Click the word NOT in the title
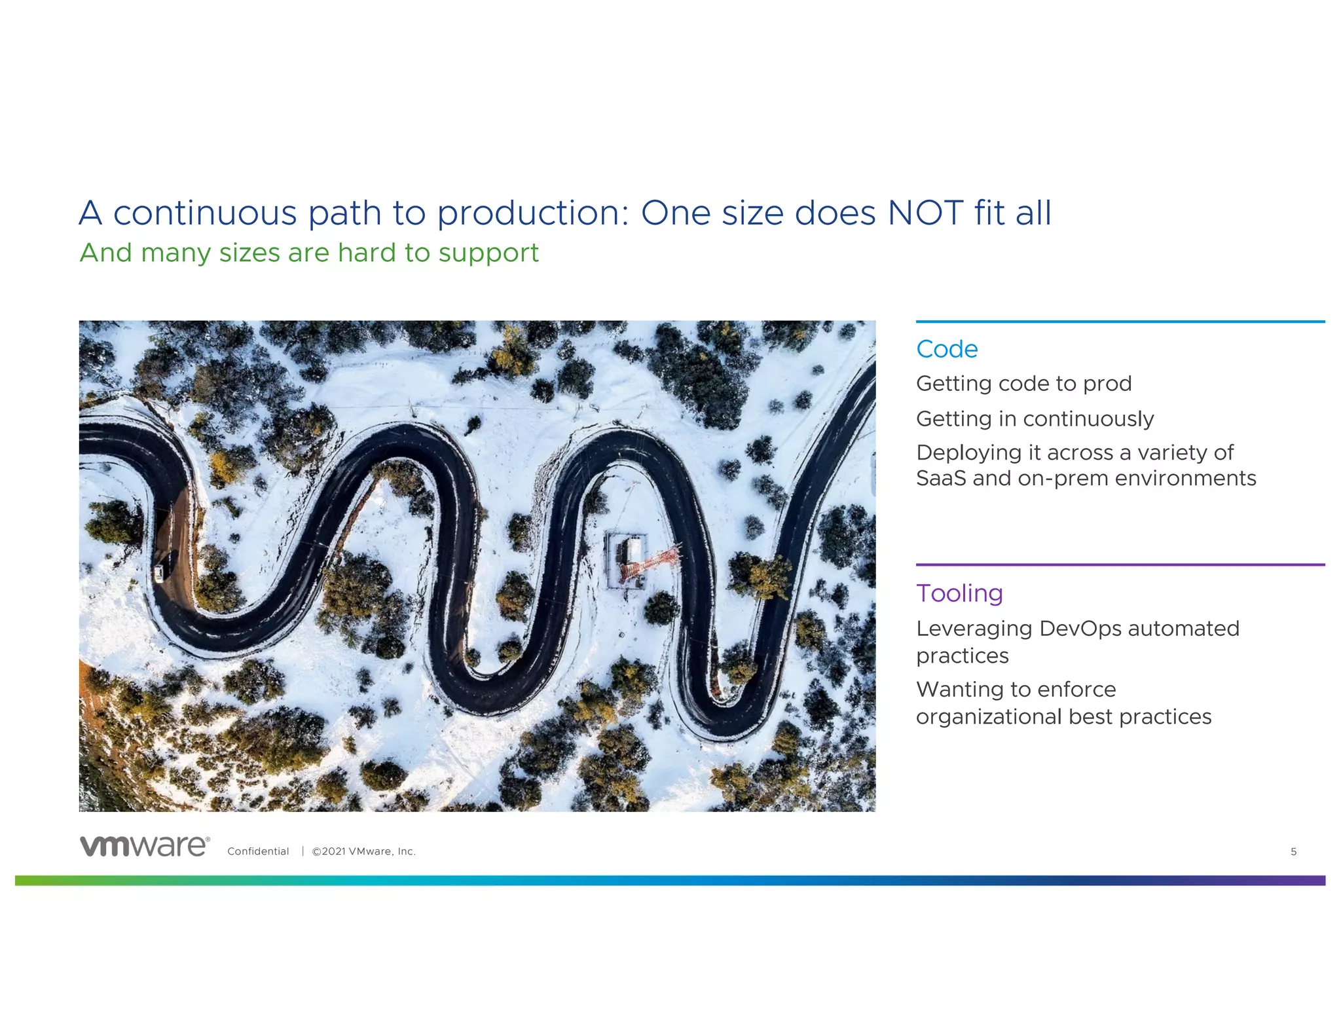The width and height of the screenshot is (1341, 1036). click(925, 213)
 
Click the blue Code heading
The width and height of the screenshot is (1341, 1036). click(946, 349)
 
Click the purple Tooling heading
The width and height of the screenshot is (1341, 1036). click(959, 593)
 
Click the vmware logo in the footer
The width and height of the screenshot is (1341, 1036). click(145, 846)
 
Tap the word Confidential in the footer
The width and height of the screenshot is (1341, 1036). click(258, 851)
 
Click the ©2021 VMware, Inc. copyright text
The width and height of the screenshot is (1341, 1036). click(363, 851)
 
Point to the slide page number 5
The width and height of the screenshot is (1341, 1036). click(1293, 851)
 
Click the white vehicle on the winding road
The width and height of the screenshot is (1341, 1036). click(158, 574)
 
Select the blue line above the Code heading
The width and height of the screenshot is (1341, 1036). click(1120, 322)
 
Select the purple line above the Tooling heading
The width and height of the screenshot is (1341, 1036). click(1120, 564)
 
